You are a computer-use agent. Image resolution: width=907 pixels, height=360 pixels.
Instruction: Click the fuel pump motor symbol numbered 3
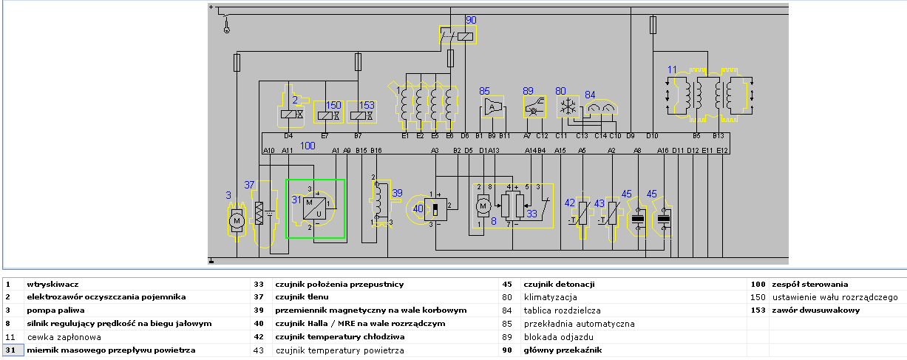pyautogui.click(x=237, y=220)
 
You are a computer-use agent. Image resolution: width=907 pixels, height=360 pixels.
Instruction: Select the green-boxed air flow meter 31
pyautogui.click(x=316, y=208)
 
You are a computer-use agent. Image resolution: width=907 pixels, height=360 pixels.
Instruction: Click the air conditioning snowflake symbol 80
pyautogui.click(x=568, y=107)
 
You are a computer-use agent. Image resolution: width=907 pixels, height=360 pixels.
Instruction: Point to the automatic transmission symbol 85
pyautogui.click(x=491, y=107)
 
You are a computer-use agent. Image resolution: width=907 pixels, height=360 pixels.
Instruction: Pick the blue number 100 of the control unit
pyautogui.click(x=308, y=146)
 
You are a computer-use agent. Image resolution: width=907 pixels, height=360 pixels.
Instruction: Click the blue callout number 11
pyautogui.click(x=672, y=69)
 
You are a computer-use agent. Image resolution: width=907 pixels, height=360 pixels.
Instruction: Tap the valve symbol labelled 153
pyautogui.click(x=361, y=115)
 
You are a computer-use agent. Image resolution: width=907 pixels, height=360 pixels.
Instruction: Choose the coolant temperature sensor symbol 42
pyautogui.click(x=582, y=214)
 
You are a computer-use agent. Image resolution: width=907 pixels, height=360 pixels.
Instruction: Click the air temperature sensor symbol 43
pyautogui.click(x=611, y=214)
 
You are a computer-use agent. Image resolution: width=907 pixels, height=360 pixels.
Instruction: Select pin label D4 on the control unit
pyautogui.click(x=288, y=136)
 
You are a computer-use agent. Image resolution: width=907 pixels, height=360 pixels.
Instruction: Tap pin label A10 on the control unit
pyautogui.click(x=269, y=151)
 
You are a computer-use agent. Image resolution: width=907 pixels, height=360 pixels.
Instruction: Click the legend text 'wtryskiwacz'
pyautogui.click(x=53, y=284)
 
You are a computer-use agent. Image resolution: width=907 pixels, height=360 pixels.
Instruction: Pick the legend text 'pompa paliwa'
pyautogui.click(x=55, y=310)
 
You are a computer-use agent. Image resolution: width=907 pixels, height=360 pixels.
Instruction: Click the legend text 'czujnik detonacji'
pyautogui.click(x=559, y=284)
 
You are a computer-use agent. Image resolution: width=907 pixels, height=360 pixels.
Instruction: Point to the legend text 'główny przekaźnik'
pyautogui.click(x=561, y=350)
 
